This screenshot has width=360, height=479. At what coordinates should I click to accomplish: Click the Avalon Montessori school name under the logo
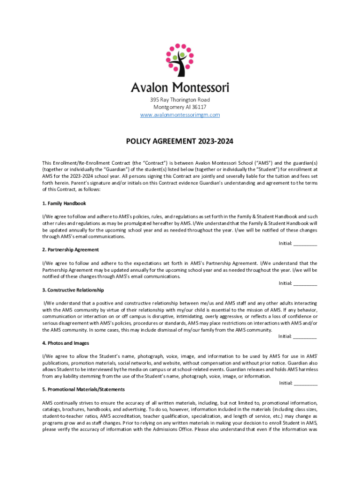click(x=180, y=87)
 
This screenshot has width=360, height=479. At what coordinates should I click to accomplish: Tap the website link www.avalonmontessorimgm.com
click(x=180, y=115)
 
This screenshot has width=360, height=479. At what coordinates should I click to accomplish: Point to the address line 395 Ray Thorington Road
click(x=180, y=100)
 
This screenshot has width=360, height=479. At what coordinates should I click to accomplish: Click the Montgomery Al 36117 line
click(x=180, y=107)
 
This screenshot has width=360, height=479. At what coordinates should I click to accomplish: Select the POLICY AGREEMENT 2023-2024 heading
click(x=180, y=141)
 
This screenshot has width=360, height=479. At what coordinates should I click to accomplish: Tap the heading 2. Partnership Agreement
click(x=70, y=250)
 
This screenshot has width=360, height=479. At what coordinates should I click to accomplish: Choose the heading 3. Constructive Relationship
click(x=73, y=290)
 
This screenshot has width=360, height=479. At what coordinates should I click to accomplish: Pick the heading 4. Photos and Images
click(x=66, y=343)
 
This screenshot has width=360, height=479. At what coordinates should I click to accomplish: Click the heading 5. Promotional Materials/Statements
click(x=83, y=390)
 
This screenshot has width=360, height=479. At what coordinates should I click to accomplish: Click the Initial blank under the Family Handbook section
click(x=306, y=243)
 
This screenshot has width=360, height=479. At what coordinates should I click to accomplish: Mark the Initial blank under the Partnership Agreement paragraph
click(x=306, y=283)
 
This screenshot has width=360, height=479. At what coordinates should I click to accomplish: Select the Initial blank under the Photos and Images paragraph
click(x=306, y=383)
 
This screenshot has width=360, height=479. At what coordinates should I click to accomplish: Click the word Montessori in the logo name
click(x=202, y=87)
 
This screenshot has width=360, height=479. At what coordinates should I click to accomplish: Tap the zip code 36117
click(x=199, y=107)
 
